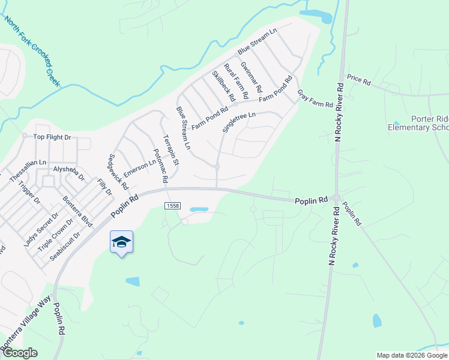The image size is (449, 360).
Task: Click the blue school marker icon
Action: tap(121, 242)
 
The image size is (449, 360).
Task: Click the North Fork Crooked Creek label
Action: tap(32, 52)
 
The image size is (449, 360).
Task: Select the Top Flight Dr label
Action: tap(52, 137)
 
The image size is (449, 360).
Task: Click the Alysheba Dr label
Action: tap(69, 174)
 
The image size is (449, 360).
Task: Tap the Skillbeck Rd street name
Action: tap(223, 86)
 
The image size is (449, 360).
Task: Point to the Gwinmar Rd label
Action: tap(251, 76)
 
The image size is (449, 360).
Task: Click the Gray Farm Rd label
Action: tap(315, 98)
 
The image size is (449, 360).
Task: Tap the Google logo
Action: tap(19, 353)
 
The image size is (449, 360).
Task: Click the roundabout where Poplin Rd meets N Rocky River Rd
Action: tap(336, 199)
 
